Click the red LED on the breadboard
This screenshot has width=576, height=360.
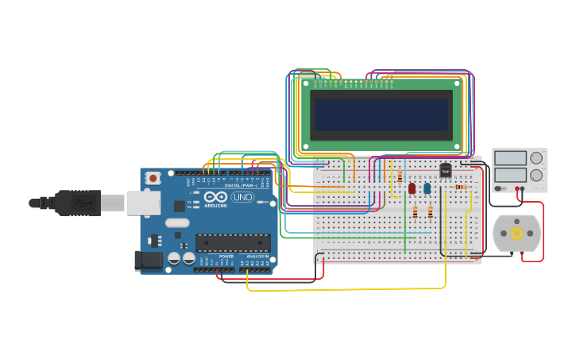[x=412, y=188]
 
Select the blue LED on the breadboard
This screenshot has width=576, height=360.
[x=427, y=188]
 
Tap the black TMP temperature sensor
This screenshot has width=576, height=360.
[x=445, y=170]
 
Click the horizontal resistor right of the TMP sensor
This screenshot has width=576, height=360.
[x=461, y=187]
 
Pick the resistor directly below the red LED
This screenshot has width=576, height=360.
[x=415, y=212]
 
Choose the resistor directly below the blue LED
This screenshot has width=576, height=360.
[x=430, y=212]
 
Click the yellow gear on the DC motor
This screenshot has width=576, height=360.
[x=516, y=234]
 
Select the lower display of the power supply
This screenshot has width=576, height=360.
[x=509, y=174]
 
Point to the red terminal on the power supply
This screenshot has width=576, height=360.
[x=517, y=189]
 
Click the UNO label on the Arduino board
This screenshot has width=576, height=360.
[x=242, y=197]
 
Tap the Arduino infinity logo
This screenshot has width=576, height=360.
[x=216, y=197]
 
